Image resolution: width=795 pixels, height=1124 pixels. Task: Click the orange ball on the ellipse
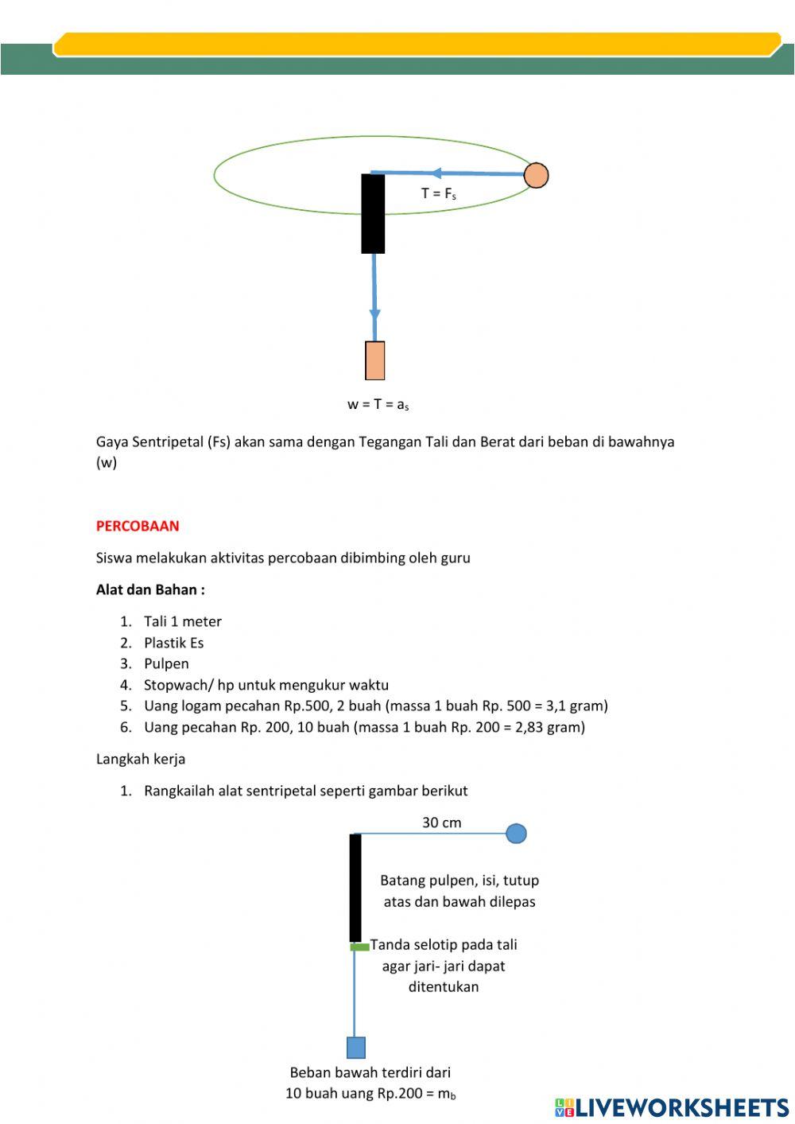point(537,175)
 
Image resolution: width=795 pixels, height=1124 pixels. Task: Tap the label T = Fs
point(438,193)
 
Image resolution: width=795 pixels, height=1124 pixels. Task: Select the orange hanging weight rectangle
point(375,360)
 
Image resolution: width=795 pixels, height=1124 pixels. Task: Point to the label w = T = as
point(378,404)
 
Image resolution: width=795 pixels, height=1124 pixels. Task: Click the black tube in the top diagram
point(373,213)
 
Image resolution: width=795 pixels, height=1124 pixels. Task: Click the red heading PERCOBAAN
point(138,526)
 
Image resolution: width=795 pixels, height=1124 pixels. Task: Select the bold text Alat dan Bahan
point(150,589)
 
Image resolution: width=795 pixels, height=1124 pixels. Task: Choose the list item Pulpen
point(166,663)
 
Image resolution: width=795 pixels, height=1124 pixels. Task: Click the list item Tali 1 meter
point(182,621)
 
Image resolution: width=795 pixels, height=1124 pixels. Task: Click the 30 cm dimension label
point(441,823)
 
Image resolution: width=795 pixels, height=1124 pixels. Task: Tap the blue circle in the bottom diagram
point(516,834)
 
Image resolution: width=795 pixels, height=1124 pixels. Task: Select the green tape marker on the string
point(360,947)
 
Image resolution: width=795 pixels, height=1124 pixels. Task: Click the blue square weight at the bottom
point(355,1048)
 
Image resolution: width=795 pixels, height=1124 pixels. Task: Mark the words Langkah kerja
point(141,759)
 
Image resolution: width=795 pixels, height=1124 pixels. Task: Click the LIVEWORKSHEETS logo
point(672,1107)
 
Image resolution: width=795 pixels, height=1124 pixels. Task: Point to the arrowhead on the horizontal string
point(436,173)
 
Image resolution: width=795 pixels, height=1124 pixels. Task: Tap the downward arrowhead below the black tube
point(374,314)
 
